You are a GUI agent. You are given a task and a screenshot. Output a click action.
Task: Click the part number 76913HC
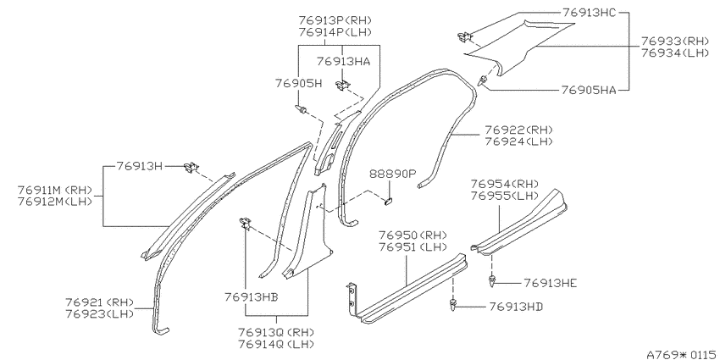pos(588,14)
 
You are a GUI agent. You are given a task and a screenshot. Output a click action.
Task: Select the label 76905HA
pos(588,91)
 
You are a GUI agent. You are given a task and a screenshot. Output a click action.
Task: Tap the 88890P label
pos(392,174)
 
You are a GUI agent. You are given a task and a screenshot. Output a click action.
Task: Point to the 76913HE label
pos(550,283)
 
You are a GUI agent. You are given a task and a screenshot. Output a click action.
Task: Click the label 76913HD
pos(516,306)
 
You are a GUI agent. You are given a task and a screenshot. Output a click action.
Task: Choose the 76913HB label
pos(252,297)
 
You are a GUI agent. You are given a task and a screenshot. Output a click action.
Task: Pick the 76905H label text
pos(298,83)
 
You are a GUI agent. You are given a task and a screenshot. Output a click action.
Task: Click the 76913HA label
pos(343,61)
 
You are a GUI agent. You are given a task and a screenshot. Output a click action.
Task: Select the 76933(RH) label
pos(675,42)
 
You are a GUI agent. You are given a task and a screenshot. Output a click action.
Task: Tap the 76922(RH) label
pos(518,130)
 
